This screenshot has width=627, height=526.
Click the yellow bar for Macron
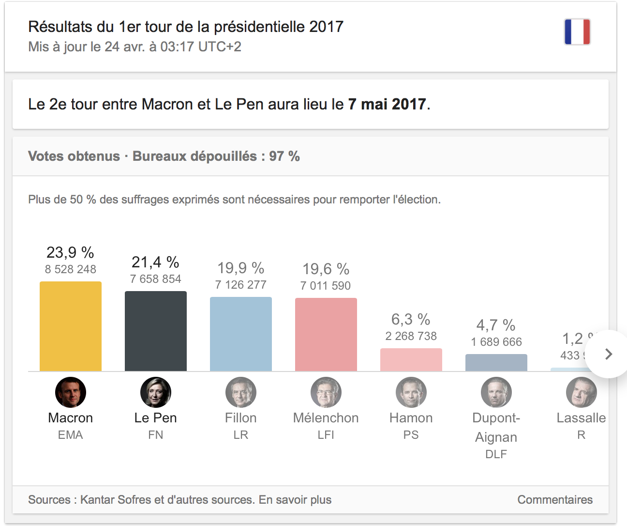point(71,326)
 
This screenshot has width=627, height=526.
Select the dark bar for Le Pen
point(156,331)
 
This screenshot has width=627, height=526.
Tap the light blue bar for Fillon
point(241,334)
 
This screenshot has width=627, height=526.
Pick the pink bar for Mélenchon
point(326,335)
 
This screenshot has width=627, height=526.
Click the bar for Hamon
point(411,360)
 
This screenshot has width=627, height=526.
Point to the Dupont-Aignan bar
point(496,363)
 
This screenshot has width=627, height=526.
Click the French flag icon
point(577,32)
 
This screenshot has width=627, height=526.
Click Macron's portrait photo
point(71,392)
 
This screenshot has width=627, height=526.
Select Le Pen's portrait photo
point(156,392)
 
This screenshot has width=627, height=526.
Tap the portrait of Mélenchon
point(326,392)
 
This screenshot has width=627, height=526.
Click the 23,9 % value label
point(71,252)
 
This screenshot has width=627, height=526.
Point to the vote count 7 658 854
point(156,279)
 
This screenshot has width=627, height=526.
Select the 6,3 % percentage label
point(411,319)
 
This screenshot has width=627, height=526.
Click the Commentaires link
point(555,500)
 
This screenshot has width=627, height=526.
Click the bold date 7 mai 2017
point(387,104)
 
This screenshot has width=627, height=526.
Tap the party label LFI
point(326,435)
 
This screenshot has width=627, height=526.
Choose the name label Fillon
point(241,418)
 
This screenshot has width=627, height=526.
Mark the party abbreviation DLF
point(496,454)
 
